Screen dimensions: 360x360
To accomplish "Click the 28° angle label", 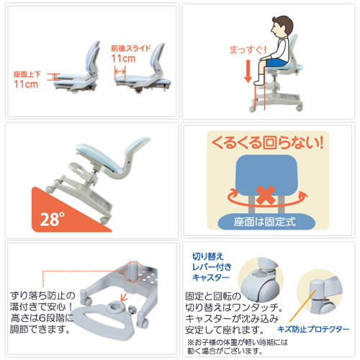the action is pos(53,219).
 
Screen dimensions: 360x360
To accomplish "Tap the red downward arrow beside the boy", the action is pos(248,71).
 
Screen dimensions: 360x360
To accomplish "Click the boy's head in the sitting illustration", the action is pos(282,27).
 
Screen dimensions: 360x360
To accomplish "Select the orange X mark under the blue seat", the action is pos(266,195).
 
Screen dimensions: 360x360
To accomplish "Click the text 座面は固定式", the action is pos(265,222).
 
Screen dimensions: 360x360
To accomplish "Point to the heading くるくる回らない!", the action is pos(267,143).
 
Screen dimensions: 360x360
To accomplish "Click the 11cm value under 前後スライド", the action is pos(123,58).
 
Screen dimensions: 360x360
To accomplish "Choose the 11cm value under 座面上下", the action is pos(26,84).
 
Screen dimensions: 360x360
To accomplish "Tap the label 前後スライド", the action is pos(131,48).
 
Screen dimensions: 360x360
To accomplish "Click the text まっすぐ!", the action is pos(248,50).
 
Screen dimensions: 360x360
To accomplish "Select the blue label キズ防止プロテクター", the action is pos(313,329).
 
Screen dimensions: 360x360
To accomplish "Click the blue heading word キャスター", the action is pos(211,277).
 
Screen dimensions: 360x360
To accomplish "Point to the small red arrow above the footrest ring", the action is pos(124,297).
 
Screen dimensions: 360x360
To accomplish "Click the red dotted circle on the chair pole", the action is pos(133,272).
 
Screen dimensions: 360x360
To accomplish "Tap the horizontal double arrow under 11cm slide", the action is pos(120,71).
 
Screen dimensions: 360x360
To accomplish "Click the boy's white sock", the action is pos(259,80).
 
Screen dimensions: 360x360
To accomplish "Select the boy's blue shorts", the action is pos(276,63).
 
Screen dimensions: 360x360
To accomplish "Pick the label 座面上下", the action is pos(27,74).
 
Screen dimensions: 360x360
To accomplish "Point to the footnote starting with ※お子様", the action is pos(237,347).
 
